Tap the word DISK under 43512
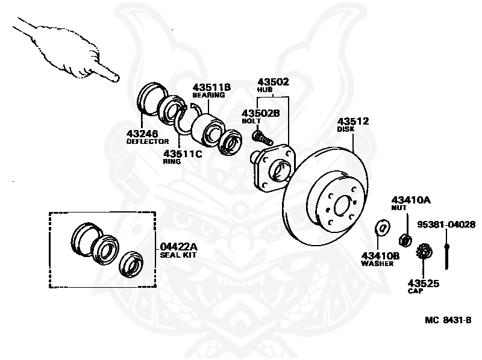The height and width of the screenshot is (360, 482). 346,129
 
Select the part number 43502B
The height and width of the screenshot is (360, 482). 261,113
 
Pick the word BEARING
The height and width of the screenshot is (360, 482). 208,95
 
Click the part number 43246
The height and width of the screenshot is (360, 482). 143,133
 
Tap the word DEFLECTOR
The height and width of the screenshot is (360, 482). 148,141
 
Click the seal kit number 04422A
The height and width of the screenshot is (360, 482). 179,246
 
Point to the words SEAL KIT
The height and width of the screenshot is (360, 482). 178,255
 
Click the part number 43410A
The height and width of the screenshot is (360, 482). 412,199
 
